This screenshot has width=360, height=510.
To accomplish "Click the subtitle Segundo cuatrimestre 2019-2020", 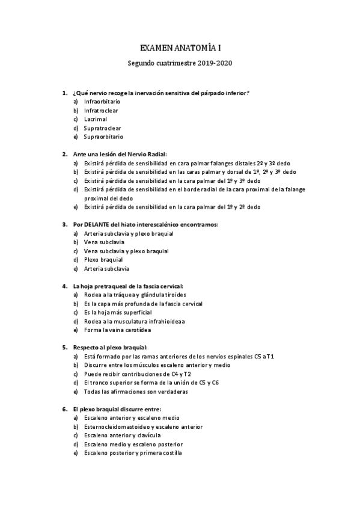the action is click(x=180, y=63).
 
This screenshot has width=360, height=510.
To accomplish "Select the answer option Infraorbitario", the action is click(x=102, y=102).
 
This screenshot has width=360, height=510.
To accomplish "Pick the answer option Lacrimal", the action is click(x=96, y=119).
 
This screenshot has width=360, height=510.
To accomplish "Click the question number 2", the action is click(x=64, y=154).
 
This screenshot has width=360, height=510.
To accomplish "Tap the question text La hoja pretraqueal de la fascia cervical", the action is click(x=127, y=286).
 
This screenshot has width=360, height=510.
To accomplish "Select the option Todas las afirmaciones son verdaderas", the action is click(x=136, y=392).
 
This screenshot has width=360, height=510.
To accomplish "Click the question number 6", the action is click(x=64, y=409).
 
